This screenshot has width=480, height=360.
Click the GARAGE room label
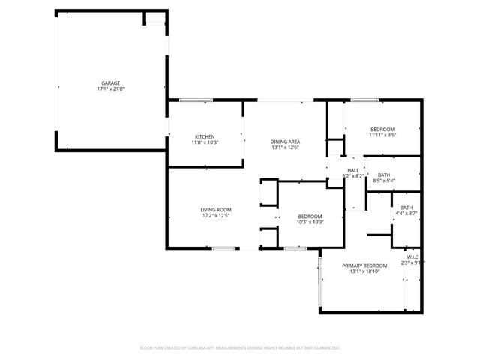tap(111, 82)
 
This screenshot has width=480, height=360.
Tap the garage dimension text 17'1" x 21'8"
tap(111, 88)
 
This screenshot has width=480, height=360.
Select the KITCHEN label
tap(205, 136)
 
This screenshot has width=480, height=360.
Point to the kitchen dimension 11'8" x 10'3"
tap(205, 142)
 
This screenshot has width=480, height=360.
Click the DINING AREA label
tap(286, 142)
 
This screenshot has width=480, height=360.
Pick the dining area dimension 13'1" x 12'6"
tap(286, 148)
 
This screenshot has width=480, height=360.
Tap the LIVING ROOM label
tap(215, 209)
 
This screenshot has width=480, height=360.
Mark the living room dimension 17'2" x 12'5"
tap(215, 215)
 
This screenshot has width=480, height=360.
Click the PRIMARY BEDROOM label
tap(364, 265)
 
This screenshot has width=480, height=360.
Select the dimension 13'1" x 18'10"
tap(364, 271)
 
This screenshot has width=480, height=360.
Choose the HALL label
tap(352, 170)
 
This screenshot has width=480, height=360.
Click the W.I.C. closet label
tap(412, 256)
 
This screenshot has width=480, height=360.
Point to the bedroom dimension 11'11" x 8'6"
tap(382, 135)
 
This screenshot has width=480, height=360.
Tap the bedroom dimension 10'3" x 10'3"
tap(310, 222)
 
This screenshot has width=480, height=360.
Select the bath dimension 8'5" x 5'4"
tap(383, 181)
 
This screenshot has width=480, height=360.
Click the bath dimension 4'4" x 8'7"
tap(406, 214)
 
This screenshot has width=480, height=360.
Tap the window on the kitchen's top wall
tap(196, 100)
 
